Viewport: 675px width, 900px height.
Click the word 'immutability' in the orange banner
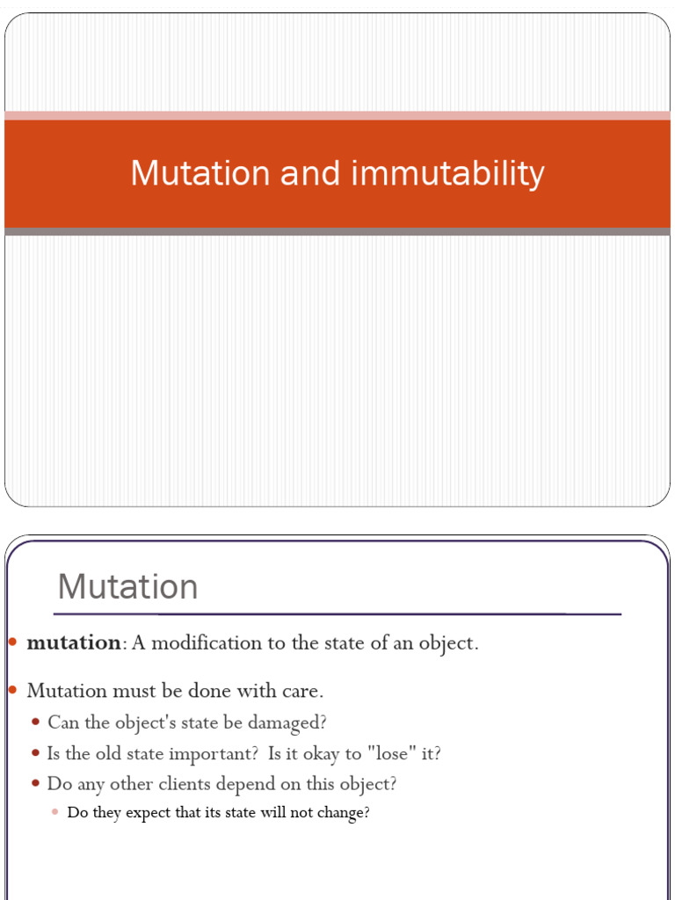(447, 173)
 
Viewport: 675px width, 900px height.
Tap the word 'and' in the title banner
(310, 173)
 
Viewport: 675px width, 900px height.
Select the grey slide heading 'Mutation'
(127, 586)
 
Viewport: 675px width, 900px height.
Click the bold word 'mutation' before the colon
(74, 642)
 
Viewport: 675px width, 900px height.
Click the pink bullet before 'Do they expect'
(55, 812)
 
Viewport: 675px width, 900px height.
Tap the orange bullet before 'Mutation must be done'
(13, 689)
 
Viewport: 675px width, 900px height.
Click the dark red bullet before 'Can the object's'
(36, 722)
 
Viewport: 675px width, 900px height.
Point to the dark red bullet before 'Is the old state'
(36, 752)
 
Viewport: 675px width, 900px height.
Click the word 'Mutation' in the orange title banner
(200, 173)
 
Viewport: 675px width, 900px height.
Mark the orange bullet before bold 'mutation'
(13, 642)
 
